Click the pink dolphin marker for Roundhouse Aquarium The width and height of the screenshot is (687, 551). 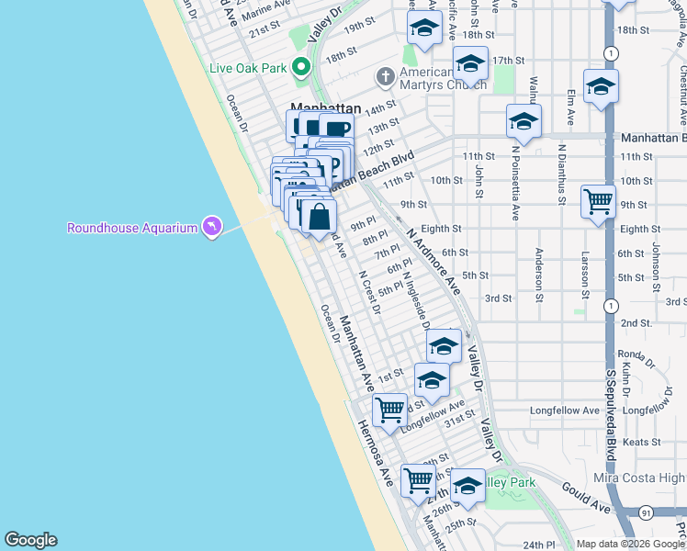(212, 226)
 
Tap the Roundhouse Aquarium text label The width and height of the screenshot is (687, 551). (132, 227)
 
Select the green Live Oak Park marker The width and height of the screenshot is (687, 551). (299, 67)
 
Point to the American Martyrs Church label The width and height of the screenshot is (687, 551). (443, 79)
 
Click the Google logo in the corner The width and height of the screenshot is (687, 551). (30, 540)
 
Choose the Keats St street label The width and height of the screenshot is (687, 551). (642, 442)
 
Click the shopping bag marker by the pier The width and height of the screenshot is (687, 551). (319, 219)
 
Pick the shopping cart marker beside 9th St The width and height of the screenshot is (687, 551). (598, 201)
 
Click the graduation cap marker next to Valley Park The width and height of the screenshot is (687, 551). (467, 487)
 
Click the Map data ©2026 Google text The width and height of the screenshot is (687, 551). (629, 544)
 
